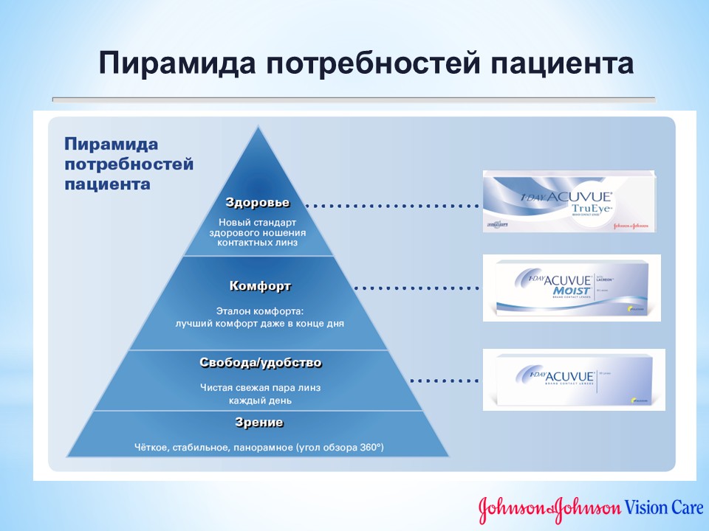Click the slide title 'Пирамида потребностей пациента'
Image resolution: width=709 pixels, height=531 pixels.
click(x=366, y=63)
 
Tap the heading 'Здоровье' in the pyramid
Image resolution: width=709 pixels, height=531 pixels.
click(x=257, y=202)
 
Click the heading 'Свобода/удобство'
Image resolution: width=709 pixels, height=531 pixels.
click(x=261, y=363)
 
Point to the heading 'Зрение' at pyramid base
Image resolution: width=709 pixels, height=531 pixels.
click(x=258, y=423)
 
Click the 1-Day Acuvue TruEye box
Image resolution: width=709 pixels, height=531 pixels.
click(x=569, y=201)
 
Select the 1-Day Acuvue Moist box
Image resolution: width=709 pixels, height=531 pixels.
click(x=572, y=288)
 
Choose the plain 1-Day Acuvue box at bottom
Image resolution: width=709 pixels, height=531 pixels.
click(x=573, y=379)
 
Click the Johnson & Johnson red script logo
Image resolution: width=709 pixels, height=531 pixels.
click(x=549, y=508)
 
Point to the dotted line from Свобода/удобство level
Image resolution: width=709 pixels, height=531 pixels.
click(x=445, y=381)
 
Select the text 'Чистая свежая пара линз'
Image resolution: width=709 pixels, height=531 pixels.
click(x=260, y=387)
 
